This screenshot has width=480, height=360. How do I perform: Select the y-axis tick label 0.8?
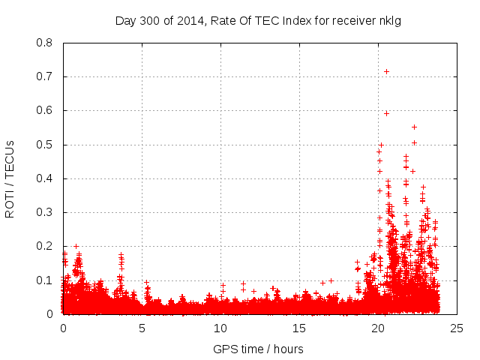point(45,43)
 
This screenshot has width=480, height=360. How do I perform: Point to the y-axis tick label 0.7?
point(45,76)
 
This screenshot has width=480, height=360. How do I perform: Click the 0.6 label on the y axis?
point(45,110)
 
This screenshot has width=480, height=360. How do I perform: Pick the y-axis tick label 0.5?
point(45,144)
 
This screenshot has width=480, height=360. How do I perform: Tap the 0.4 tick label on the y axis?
point(45,178)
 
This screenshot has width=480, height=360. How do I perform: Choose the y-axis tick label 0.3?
point(45,212)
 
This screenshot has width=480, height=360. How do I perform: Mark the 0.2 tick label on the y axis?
point(45,246)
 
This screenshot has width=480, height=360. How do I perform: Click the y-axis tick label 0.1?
point(45,280)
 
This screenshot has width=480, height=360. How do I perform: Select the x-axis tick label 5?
point(142,328)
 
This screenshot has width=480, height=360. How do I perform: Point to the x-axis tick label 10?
point(220,328)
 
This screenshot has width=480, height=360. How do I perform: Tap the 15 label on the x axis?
point(299,328)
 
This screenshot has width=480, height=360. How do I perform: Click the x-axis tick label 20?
point(378,328)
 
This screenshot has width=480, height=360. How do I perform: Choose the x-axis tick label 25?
point(457,328)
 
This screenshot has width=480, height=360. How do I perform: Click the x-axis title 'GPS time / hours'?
point(258,349)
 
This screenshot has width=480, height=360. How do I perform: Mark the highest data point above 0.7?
point(386,71)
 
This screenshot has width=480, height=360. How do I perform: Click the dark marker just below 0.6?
point(386,113)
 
